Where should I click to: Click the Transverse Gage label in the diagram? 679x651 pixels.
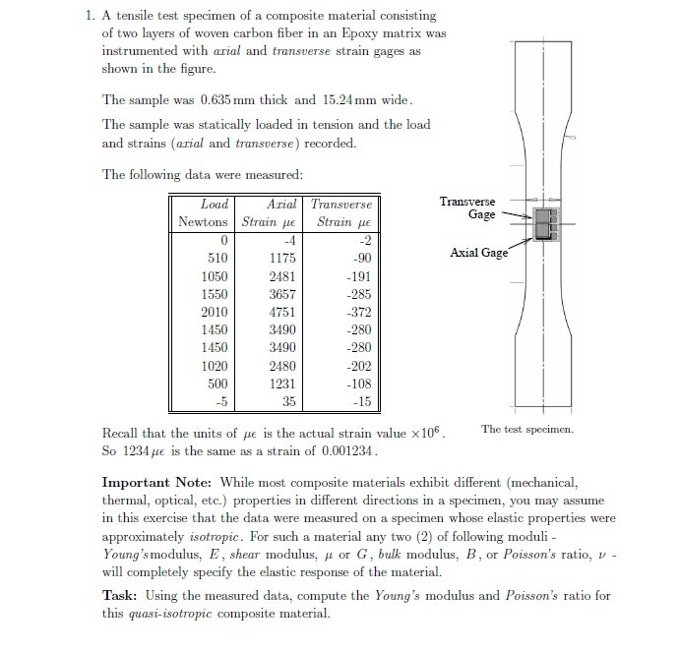pyautogui.click(x=467, y=207)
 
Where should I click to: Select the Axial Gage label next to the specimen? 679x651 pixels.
pyautogui.click(x=479, y=253)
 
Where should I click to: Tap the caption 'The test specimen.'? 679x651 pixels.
pyautogui.click(x=527, y=429)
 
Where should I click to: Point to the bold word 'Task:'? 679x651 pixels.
pyautogui.click(x=123, y=596)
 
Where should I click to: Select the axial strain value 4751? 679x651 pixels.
pyautogui.click(x=282, y=312)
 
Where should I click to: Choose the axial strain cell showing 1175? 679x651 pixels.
pyautogui.click(x=282, y=259)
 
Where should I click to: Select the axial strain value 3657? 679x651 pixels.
pyautogui.click(x=282, y=294)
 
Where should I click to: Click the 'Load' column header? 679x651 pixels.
pyautogui.click(x=215, y=205)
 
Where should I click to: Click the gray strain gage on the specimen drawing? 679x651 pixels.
pyautogui.click(x=541, y=224)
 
